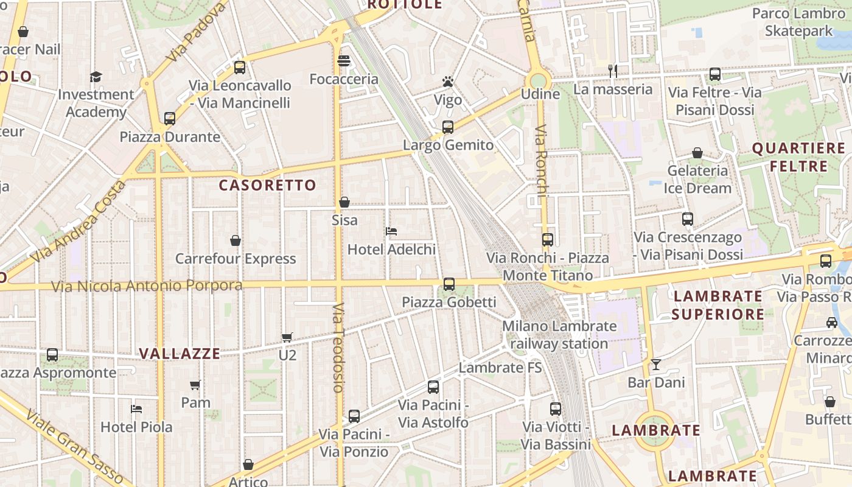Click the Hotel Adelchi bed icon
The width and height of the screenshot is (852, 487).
(x=391, y=231)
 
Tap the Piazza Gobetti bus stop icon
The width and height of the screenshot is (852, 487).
(x=449, y=284)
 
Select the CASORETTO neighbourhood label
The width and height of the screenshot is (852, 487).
(x=267, y=185)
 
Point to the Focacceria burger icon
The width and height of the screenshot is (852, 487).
(x=344, y=61)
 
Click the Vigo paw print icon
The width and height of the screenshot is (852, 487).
(x=448, y=82)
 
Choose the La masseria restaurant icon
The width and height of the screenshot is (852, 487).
(x=613, y=71)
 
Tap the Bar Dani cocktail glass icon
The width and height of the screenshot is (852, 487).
(x=656, y=365)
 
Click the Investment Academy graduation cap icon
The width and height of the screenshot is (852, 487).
(x=96, y=77)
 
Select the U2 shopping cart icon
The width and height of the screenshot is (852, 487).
(x=287, y=337)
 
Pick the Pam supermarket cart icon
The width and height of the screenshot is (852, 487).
(x=195, y=385)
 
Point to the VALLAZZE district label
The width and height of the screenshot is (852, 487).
(x=180, y=354)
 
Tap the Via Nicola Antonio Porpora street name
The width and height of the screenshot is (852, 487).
(x=147, y=286)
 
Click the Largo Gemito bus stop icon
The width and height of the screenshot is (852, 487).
(x=448, y=127)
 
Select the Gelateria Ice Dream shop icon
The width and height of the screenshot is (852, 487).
(x=697, y=153)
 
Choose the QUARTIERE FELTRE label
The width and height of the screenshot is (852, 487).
(x=798, y=157)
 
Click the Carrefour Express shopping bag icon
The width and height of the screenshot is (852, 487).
(x=236, y=240)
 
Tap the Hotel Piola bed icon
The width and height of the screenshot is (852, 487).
(x=136, y=409)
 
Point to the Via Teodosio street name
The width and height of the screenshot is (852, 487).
(x=339, y=347)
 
